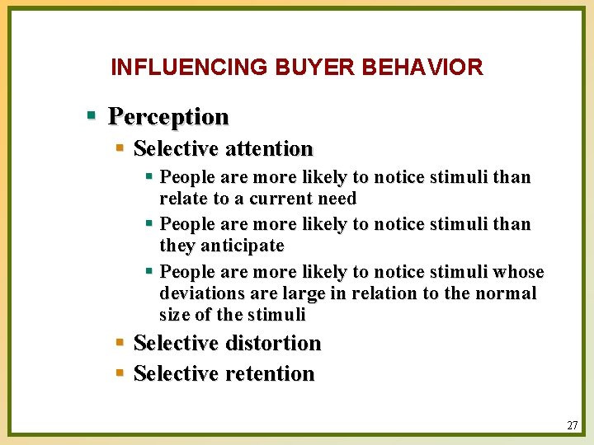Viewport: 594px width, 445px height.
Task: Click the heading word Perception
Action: pos(168,116)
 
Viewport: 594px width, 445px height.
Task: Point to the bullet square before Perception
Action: pos(93,115)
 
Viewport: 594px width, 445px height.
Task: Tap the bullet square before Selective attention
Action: pos(120,148)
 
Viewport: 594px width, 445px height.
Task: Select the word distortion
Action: pos(272,343)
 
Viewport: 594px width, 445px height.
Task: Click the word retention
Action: pos(269,373)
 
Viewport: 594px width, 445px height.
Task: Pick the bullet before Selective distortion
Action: pos(120,342)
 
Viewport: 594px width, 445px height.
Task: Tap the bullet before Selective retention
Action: pos(120,372)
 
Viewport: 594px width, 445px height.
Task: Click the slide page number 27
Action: pos(572,426)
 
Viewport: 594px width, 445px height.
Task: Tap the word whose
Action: pos(517,272)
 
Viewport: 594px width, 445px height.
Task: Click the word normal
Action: pos(508,293)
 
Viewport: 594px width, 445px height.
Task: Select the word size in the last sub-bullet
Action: pos(175,315)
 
